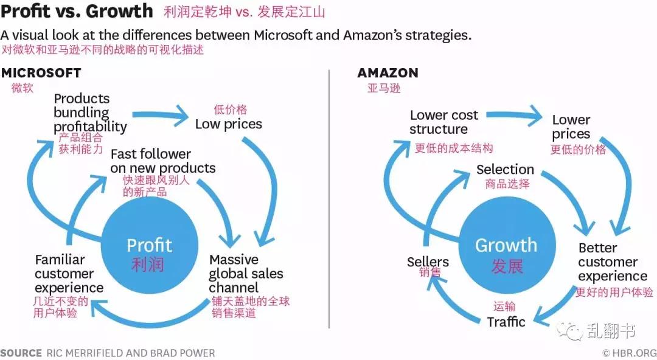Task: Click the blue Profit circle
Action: (149, 246)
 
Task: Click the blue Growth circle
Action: (507, 246)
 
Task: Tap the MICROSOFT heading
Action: (41, 73)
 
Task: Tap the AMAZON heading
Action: (388, 73)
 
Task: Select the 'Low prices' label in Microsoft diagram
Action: (228, 124)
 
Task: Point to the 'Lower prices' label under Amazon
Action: (571, 127)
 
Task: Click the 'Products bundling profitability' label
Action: (90, 112)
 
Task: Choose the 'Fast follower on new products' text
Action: (163, 161)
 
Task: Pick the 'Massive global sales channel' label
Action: (246, 273)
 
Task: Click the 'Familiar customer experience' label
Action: (69, 273)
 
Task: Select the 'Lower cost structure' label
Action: (443, 122)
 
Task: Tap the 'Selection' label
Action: (505, 169)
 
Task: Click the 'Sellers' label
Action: (428, 262)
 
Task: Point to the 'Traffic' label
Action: (506, 322)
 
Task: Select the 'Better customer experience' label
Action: (613, 262)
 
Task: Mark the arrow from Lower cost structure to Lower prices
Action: (514, 115)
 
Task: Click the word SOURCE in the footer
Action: (21, 353)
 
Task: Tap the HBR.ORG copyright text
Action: (630, 353)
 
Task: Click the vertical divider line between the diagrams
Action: (329, 199)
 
